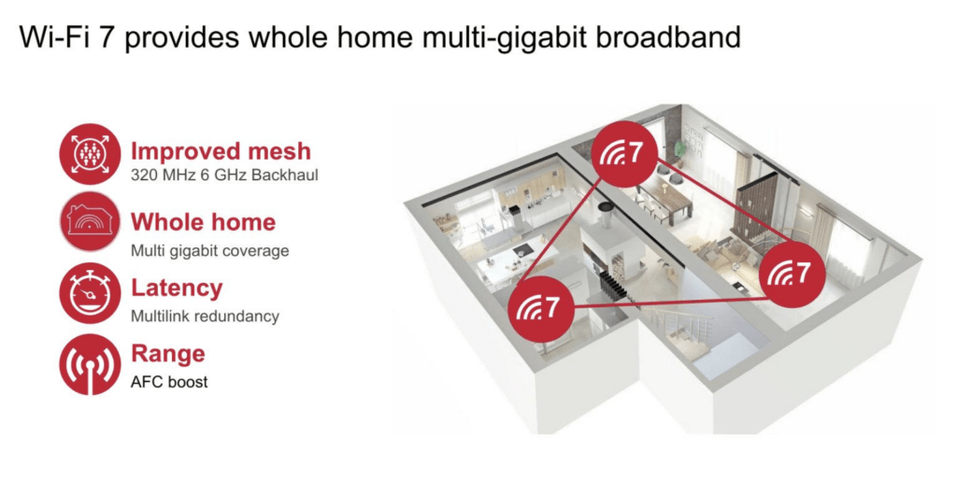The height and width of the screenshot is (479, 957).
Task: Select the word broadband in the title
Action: pyautogui.click(x=668, y=36)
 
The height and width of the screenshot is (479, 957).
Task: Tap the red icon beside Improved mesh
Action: pyautogui.click(x=90, y=154)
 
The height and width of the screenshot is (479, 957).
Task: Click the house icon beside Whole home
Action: pyautogui.click(x=90, y=221)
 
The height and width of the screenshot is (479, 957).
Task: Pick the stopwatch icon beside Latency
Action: pyautogui.click(x=90, y=293)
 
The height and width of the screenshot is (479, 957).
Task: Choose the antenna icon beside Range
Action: pyautogui.click(x=90, y=364)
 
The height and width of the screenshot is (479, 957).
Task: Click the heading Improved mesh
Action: pyautogui.click(x=221, y=151)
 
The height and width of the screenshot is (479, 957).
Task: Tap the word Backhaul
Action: pyautogui.click(x=284, y=175)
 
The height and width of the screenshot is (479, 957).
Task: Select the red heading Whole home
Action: pyautogui.click(x=203, y=222)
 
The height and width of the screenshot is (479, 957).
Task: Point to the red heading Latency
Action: pyautogui.click(x=177, y=288)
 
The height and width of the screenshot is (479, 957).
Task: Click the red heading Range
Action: pyautogui.click(x=168, y=354)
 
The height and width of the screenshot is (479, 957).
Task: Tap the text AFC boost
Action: pyautogui.click(x=169, y=382)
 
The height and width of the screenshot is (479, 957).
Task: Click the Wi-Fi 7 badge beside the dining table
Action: pyautogui.click(x=625, y=153)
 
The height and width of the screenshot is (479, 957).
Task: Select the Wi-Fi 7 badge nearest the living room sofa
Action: pyautogui.click(x=793, y=275)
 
